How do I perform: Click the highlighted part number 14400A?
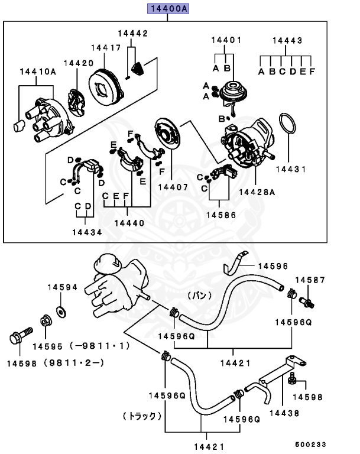coord(167,8)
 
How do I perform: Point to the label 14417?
coord(106,47)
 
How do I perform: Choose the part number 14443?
coord(287,41)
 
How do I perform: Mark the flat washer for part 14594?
coord(60,310)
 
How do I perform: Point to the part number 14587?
coord(310,279)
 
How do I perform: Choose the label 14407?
coord(173,187)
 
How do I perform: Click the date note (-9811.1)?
coord(99,346)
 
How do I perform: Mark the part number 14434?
coord(87,232)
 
